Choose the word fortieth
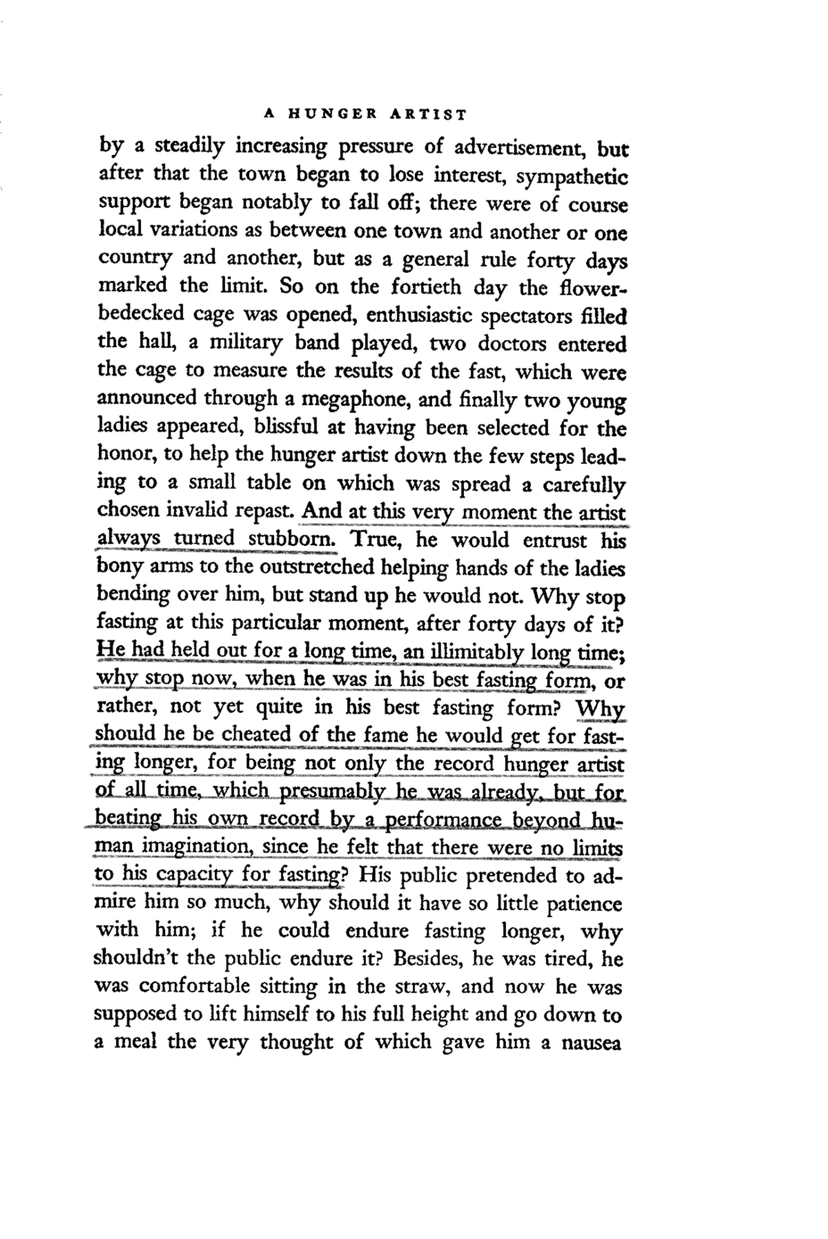tap(426, 288)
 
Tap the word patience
tap(584, 904)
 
